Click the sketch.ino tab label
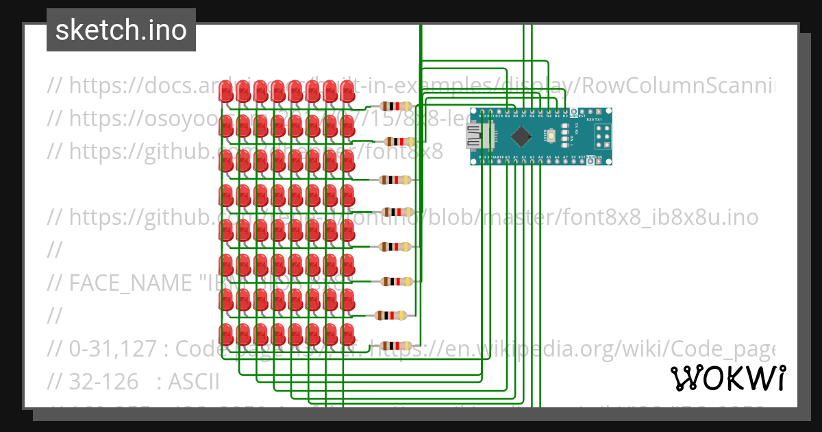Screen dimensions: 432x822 coord(121,30)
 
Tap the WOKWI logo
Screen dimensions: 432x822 coord(727,378)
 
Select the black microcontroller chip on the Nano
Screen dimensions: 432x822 coord(521,136)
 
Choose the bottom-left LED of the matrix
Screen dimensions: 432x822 coord(226,335)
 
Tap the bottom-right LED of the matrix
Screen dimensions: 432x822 coord(347,335)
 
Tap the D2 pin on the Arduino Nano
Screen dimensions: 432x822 coord(565,112)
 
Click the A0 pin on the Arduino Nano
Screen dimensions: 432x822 coord(507,161)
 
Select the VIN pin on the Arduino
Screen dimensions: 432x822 coord(598,161)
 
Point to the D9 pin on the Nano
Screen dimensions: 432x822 coord(507,112)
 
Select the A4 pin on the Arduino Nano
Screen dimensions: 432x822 coord(540,161)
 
